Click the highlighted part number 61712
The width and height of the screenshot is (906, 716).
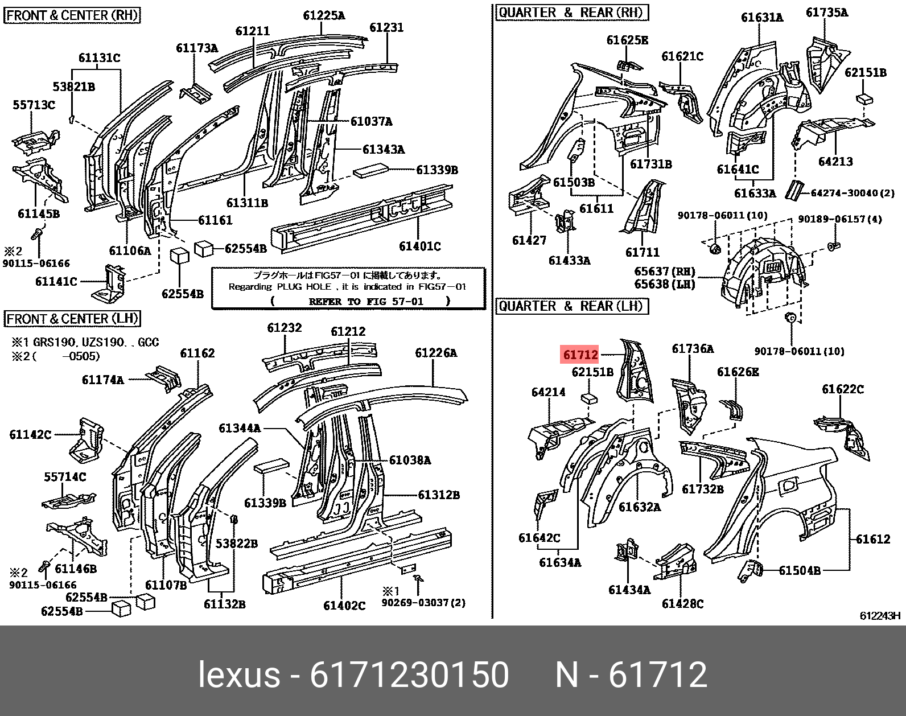580,355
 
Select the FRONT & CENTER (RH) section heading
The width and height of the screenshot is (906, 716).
72,15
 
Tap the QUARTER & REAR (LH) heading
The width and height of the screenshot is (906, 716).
571,306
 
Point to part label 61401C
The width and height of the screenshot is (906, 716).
420,246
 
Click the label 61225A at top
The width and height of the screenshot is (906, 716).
324,15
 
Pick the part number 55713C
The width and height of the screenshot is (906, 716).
35,105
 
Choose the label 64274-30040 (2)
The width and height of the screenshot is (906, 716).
852,194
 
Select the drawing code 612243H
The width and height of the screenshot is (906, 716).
880,616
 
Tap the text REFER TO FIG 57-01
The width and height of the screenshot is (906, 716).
366,301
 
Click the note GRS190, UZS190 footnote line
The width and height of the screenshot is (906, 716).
85,342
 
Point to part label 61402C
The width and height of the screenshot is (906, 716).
344,606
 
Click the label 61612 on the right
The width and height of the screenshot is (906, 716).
873,538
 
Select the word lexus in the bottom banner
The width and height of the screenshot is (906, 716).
239,675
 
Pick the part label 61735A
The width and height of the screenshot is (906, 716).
827,12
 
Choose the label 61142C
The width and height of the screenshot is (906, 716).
30,434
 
